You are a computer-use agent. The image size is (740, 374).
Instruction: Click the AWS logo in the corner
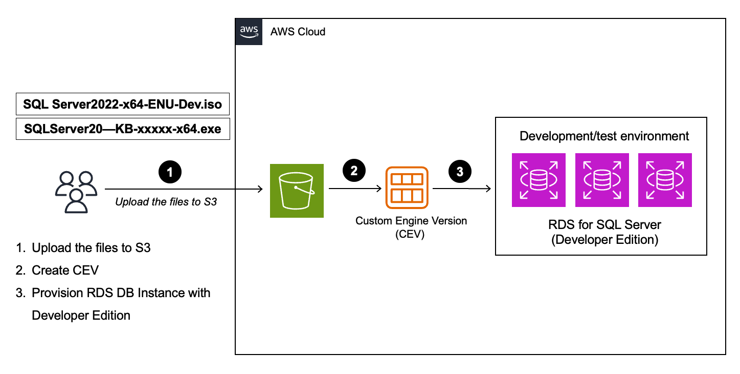pyautogui.click(x=249, y=32)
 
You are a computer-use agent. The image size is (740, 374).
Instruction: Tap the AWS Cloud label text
pyautogui.click(x=298, y=32)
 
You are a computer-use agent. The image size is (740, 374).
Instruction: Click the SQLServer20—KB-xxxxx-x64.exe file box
pyautogui.click(x=123, y=129)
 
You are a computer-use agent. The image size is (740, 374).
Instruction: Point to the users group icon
pyautogui.click(x=76, y=192)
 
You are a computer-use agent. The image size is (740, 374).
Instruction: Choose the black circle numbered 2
pyautogui.click(x=354, y=171)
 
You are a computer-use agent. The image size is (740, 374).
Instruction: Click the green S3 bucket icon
pyautogui.click(x=297, y=190)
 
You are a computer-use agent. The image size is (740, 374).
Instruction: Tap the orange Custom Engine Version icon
pyautogui.click(x=407, y=188)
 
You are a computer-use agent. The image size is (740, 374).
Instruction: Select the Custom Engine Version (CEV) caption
pyautogui.click(x=411, y=227)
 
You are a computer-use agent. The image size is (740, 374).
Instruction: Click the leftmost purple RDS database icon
pyautogui.click(x=539, y=180)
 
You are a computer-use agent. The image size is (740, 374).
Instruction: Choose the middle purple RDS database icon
pyautogui.click(x=602, y=180)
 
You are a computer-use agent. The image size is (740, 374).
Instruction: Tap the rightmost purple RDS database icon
pyautogui.click(x=665, y=180)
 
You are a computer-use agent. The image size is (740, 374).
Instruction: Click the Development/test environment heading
pyautogui.click(x=604, y=136)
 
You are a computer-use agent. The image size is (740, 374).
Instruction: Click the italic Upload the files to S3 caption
pyautogui.click(x=166, y=201)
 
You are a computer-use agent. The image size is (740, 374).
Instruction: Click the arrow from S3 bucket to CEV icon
pyautogui.click(x=355, y=189)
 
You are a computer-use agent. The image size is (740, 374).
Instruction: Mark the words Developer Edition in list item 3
pyautogui.click(x=81, y=315)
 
